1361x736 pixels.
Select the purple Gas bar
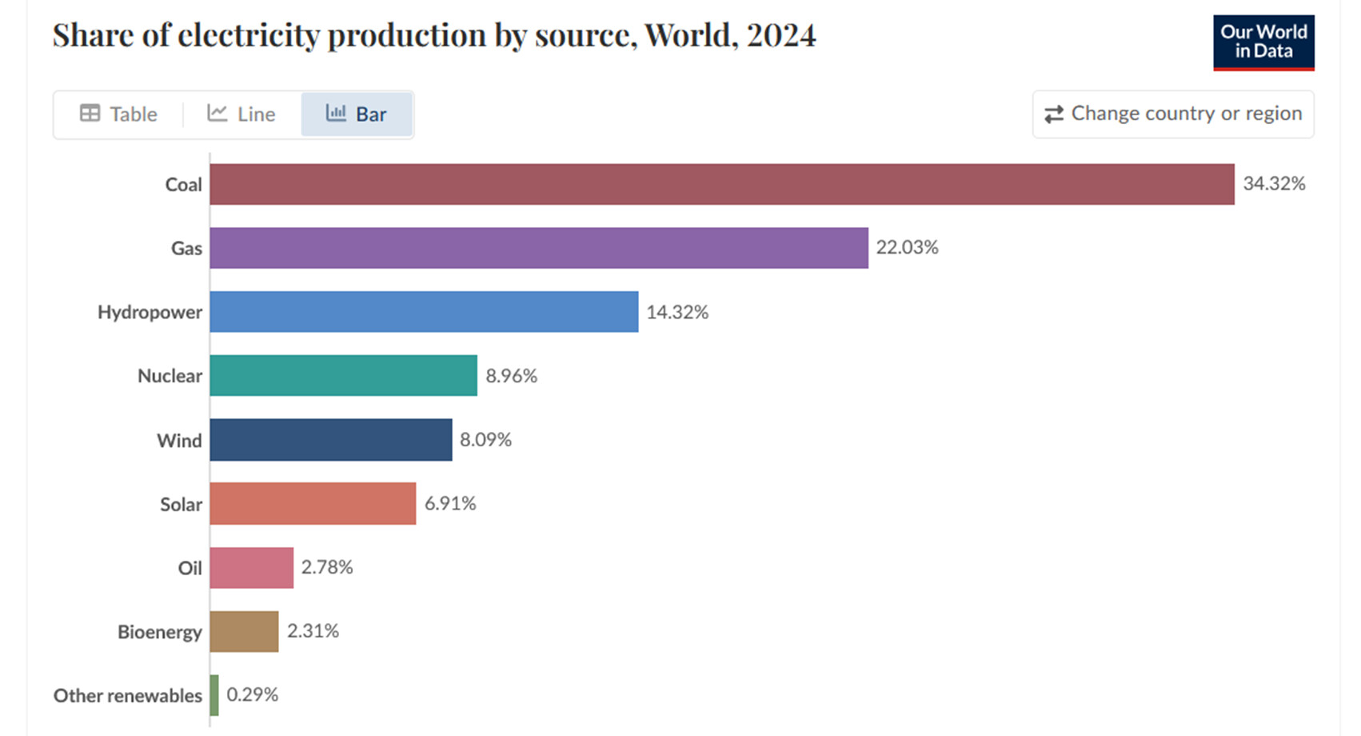538,248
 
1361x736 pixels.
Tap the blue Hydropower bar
424,312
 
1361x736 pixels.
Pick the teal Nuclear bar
343,375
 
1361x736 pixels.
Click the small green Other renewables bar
214,695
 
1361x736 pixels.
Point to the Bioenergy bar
244,631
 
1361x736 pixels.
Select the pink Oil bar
251,568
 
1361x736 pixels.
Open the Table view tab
118,114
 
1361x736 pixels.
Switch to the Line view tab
241,114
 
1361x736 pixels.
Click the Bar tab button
356,114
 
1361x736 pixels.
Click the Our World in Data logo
1263,42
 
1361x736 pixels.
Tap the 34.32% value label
1274,183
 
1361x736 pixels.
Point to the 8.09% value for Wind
485,439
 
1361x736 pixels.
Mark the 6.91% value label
450,503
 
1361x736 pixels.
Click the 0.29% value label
253,694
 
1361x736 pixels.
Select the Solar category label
181,504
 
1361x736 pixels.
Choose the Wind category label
179,440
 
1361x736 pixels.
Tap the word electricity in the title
248,35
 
